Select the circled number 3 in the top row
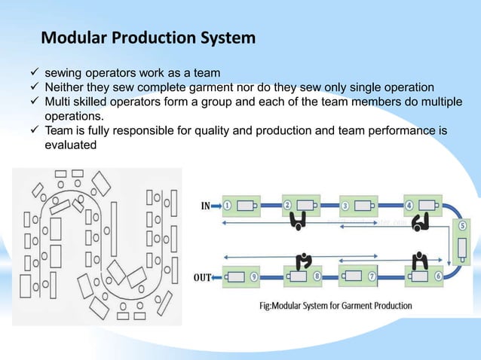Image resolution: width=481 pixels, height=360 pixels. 345,205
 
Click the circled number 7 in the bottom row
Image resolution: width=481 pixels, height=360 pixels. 372,276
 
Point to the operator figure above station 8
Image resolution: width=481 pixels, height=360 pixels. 305,260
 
